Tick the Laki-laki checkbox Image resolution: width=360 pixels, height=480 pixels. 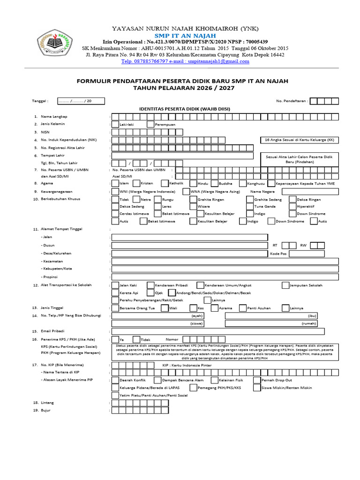pyautogui.click(x=115, y=124)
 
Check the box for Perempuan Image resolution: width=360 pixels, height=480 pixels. pyautogui.click(x=150, y=124)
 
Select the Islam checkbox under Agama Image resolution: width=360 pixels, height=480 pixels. pyautogui.click(x=115, y=183)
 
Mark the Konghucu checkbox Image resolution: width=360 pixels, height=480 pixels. pyautogui.click(x=243, y=183)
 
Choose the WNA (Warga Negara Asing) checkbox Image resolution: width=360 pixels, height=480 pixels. pyautogui.click(x=186, y=192)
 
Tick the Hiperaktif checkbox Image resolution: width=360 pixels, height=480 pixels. pyautogui.click(x=292, y=206)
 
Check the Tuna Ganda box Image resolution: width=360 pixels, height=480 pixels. pyautogui.click(x=250, y=206)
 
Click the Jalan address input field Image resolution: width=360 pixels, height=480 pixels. pyautogui.click(x=190, y=237)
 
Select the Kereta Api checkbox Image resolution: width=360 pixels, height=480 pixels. pyautogui.click(x=115, y=293)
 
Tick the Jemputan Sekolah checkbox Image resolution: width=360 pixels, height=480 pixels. pyautogui.click(x=285, y=285)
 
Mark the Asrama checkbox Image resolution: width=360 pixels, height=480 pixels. pyautogui.click(x=214, y=308)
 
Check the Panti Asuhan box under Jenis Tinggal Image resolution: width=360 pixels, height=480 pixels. pyautogui.click(x=243, y=308)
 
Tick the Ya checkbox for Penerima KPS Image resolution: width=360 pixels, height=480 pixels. pyautogui.click(x=115, y=339)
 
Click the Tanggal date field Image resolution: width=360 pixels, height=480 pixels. pyautogui.click(x=80, y=101)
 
